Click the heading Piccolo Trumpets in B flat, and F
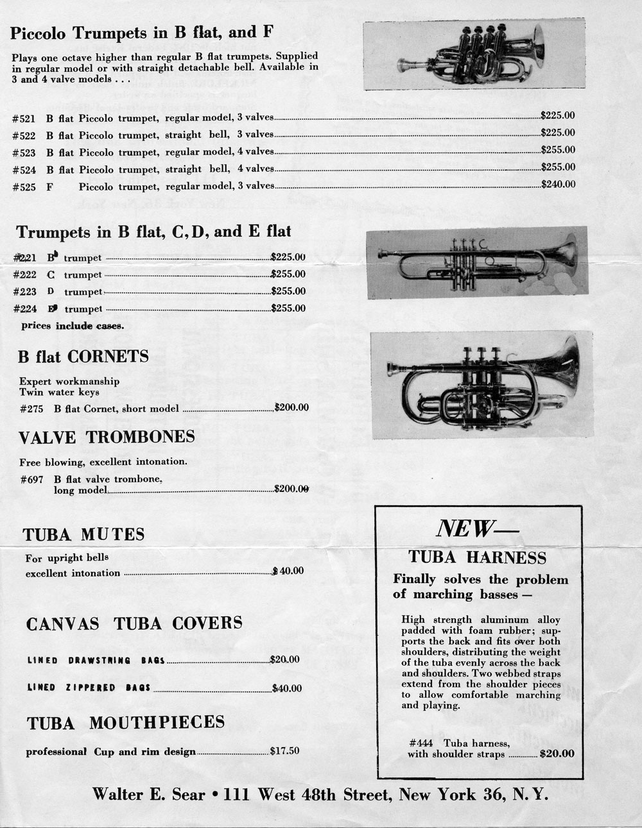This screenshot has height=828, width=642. (x=143, y=33)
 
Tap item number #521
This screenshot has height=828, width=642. (x=23, y=119)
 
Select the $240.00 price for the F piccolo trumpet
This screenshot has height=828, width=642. (x=558, y=184)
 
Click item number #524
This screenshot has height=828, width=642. (x=23, y=170)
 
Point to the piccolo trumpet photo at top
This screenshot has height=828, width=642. (x=474, y=55)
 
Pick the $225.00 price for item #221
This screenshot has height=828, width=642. (x=288, y=257)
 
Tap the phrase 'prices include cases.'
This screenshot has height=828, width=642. (x=73, y=326)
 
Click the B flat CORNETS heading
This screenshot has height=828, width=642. (x=83, y=357)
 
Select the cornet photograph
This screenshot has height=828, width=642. (x=482, y=385)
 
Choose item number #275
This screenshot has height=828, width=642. (x=31, y=409)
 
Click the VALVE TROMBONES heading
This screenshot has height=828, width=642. (x=107, y=437)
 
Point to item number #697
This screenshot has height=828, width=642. (x=31, y=479)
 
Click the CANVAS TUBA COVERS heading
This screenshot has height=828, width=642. (x=134, y=623)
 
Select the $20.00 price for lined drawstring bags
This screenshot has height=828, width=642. (x=284, y=659)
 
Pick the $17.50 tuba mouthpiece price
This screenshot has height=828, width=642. (x=284, y=750)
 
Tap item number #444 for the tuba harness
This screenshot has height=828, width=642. (x=420, y=743)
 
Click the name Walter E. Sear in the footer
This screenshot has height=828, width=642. (x=148, y=795)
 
